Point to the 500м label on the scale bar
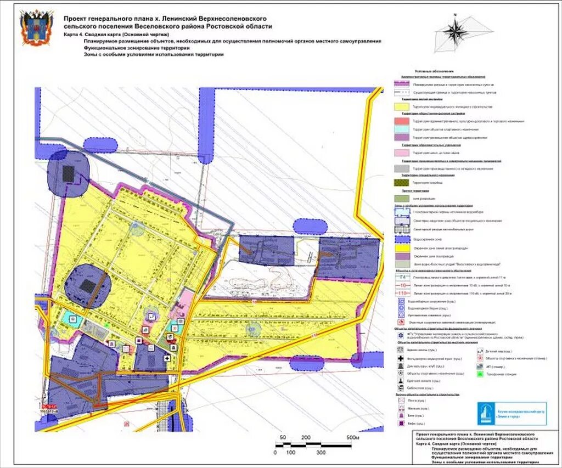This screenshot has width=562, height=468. [352, 437]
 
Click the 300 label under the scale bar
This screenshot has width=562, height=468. [320, 453]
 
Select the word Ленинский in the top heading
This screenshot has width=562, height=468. [171, 18]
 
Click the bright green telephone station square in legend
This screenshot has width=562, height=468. [480, 374]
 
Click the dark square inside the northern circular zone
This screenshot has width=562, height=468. [69, 173]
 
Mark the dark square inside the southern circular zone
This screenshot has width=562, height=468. [87, 285]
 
